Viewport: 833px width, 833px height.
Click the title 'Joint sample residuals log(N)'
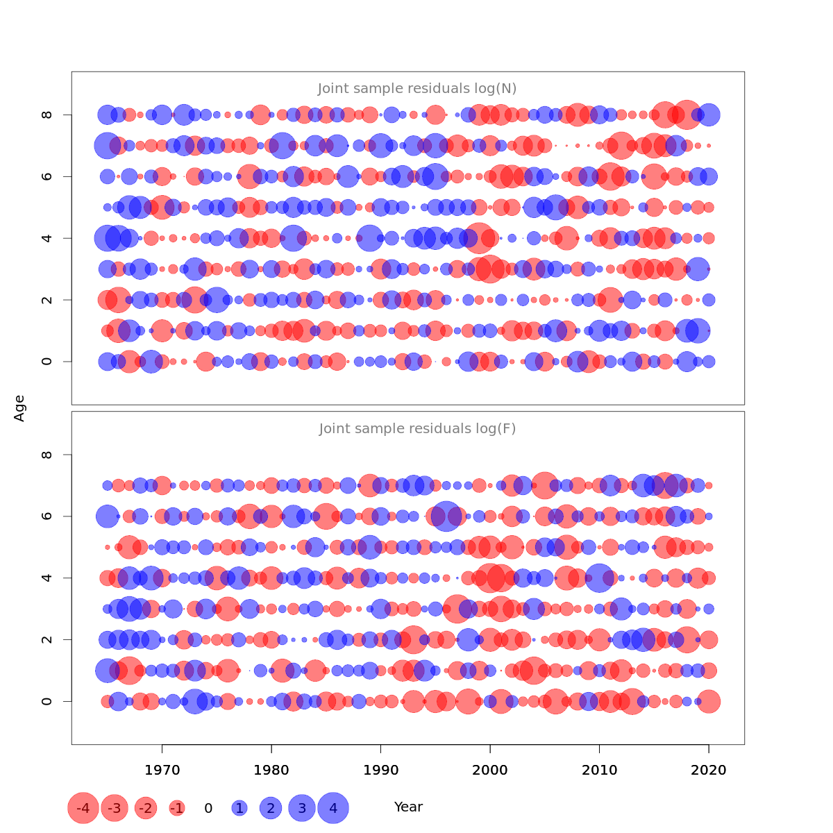coord(417,89)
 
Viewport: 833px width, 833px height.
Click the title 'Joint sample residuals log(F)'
coord(417,429)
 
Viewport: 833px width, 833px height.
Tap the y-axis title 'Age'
coord(19,408)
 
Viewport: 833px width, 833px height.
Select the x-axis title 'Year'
coord(408,807)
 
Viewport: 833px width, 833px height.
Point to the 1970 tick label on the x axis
coord(162,771)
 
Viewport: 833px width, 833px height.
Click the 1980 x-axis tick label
coord(271,771)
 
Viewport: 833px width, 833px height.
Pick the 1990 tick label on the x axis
coord(380,771)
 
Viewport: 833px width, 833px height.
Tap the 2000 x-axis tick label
coord(490,771)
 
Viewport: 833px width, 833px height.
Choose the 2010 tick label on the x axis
coord(599,771)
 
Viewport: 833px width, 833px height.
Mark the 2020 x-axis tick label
coord(709,771)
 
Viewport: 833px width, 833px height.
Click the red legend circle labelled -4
coord(83,808)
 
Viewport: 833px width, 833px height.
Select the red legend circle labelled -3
coord(115,808)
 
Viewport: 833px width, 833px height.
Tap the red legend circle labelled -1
coord(177,808)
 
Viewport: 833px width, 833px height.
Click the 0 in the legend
coord(208,808)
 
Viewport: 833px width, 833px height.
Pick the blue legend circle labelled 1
coord(239,808)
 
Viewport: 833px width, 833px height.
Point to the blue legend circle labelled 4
coord(333,808)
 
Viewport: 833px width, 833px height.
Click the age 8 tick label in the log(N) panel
coord(47,115)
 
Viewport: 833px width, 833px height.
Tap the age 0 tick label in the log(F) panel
coord(47,701)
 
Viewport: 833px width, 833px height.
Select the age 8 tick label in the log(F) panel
coord(47,455)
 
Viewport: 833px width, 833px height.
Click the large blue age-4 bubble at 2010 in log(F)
coord(599,578)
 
